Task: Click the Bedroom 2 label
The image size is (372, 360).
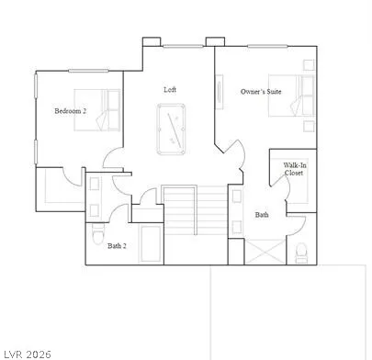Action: pos(70,111)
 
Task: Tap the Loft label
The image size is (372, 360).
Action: pos(170,89)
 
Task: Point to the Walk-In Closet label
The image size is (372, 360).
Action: pos(294,168)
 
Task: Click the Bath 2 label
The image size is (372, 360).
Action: pos(117,245)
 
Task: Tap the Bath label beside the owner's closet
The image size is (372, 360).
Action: pos(262,215)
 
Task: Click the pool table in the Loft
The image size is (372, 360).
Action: pos(171,129)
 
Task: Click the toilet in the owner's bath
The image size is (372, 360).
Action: pos(301,251)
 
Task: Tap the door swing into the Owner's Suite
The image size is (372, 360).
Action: pos(233,152)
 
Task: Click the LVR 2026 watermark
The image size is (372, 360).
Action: pos(27,351)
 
